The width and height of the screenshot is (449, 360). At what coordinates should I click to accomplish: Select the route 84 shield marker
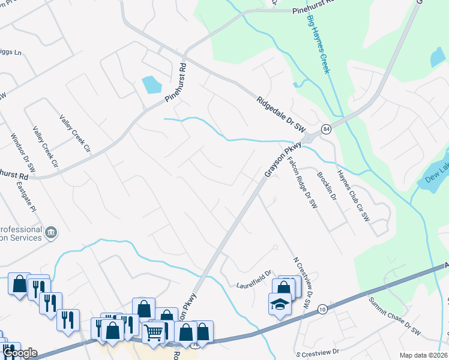[x=326, y=129]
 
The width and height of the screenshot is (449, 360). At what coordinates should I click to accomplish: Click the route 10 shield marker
[x=322, y=308]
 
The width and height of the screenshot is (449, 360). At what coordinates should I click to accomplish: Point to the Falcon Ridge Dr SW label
[x=302, y=182]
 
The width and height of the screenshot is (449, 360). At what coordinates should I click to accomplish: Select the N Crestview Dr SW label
[x=302, y=284]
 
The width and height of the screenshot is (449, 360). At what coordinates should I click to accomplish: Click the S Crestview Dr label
[x=318, y=353]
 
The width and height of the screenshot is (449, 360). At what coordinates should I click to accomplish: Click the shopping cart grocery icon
[x=154, y=331]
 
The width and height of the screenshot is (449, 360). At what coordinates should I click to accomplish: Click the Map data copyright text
[x=423, y=355]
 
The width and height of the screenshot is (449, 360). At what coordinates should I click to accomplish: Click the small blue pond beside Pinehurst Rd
[x=151, y=85]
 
